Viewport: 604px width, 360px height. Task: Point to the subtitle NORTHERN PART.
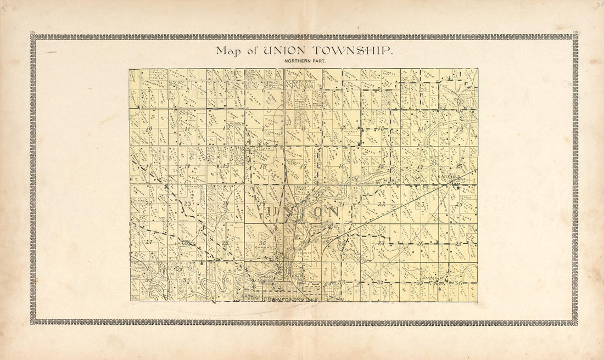(x=305, y=60)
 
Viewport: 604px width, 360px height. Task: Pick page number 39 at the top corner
(x=574, y=33)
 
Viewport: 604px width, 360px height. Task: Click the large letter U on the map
(x=272, y=211)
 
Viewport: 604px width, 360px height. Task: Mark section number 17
(x=303, y=167)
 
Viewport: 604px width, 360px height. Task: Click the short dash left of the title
(x=51, y=52)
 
